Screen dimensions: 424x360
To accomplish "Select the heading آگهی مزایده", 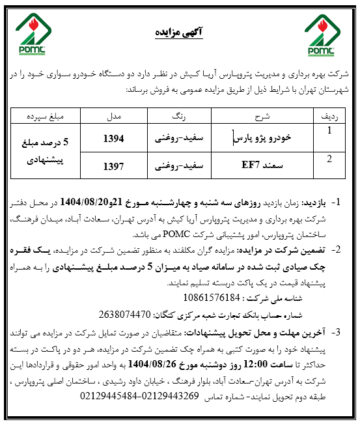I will tap(176, 31).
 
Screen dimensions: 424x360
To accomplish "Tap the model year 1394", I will tap(113, 138).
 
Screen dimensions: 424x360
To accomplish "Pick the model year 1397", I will tap(113, 165).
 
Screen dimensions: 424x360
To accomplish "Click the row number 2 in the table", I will tap(330, 159).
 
